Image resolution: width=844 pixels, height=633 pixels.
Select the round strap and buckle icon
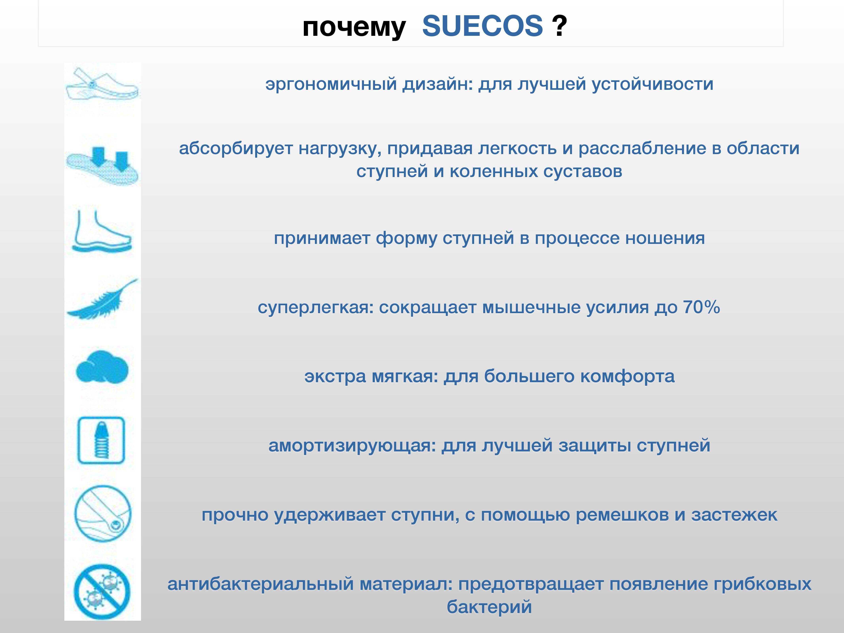[x=102, y=514]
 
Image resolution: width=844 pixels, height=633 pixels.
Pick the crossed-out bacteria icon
[x=102, y=592]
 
